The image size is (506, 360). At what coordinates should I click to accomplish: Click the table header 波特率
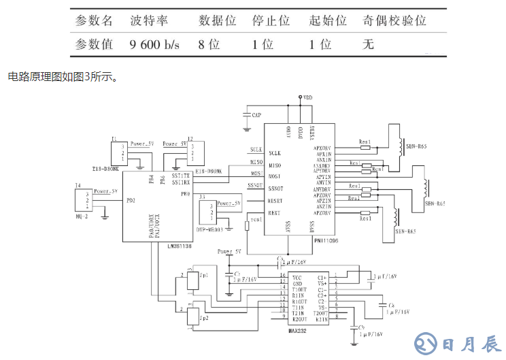(149, 20)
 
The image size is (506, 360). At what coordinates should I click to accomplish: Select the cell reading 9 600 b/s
(154, 45)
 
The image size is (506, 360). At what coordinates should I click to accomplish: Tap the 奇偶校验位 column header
(396, 20)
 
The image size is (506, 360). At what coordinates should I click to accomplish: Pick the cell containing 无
(369, 45)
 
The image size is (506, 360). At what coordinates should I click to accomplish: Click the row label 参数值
(95, 45)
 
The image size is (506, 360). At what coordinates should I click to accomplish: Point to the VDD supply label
(308, 99)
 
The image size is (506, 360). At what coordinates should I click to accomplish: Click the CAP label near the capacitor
(256, 116)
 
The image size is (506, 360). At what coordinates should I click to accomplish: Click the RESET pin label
(275, 201)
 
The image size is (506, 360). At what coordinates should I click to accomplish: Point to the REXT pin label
(274, 213)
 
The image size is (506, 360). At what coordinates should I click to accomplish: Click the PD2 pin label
(130, 201)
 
